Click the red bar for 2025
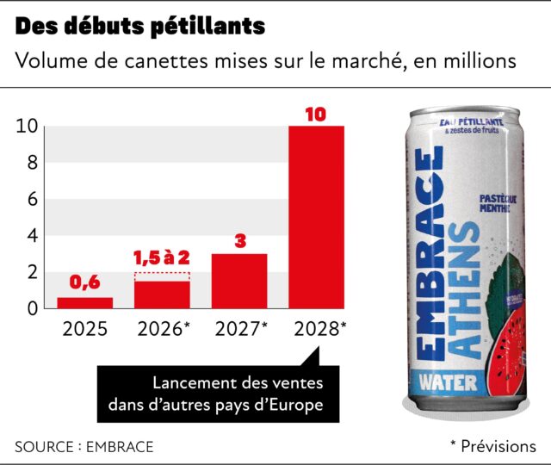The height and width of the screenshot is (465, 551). pos(84,302)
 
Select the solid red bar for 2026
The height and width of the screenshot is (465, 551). pos(162,294)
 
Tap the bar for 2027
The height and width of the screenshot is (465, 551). pos(239,281)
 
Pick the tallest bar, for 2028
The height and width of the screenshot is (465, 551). pos(316,217)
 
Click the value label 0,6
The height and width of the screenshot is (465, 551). pos(84,283)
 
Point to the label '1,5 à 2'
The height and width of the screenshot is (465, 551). pos(162,258)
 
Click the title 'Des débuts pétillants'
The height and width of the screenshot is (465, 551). pos(139,27)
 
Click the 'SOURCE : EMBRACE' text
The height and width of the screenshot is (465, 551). pos(84,446)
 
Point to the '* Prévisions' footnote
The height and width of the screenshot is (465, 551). pos(492,446)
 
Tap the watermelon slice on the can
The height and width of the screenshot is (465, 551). pos(502,340)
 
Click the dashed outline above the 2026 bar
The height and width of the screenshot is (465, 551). pos(162,276)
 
